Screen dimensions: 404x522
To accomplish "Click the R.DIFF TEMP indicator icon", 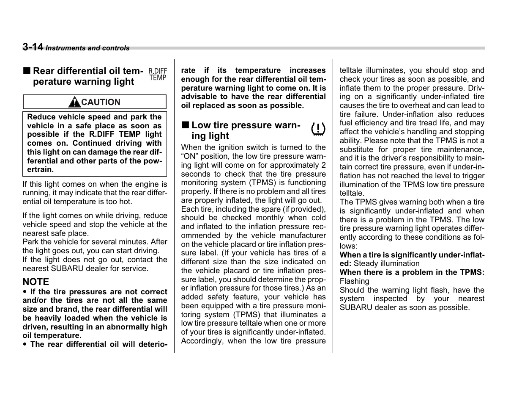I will [158, 75].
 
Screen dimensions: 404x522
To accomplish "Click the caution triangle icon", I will [75, 102].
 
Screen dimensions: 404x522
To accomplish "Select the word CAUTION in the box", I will [101, 102].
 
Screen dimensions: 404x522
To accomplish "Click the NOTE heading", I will [36, 282].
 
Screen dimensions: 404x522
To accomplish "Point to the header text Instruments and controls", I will [87, 48].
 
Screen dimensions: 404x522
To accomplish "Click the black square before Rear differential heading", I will [27, 71].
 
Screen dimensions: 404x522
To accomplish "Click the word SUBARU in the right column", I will [355, 307].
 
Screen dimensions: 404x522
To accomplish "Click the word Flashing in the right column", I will [354, 281].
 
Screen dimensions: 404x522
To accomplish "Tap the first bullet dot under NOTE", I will [25, 292].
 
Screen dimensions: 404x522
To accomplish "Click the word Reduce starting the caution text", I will [39, 117].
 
